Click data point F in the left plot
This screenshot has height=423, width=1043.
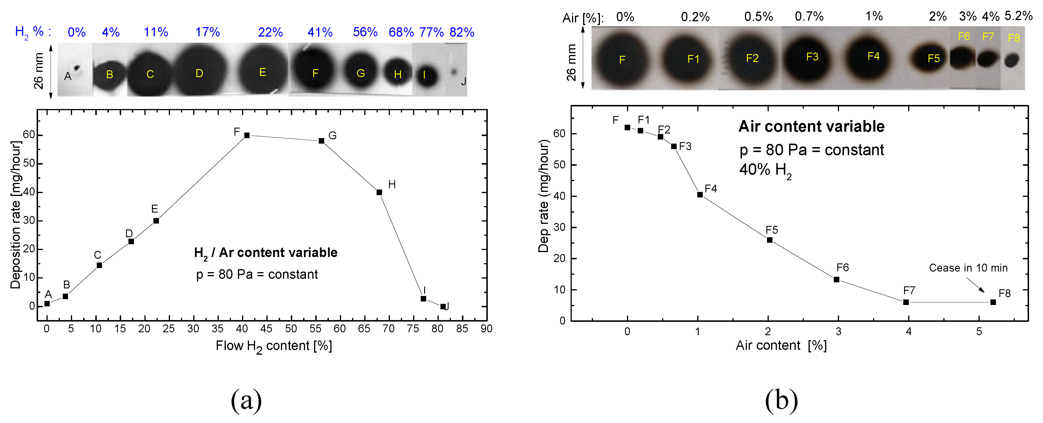[x=247, y=135]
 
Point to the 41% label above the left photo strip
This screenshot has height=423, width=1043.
[x=320, y=32]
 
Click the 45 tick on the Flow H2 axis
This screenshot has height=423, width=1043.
[x=266, y=329]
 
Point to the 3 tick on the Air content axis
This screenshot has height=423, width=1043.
[x=838, y=332]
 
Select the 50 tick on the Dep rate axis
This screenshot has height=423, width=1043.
[x=559, y=165]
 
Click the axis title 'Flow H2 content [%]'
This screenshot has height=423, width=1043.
[x=274, y=346]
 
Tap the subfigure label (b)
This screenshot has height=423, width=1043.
[x=782, y=400]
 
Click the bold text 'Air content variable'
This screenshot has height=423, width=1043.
[x=811, y=126]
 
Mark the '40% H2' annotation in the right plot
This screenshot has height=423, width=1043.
[x=765, y=170]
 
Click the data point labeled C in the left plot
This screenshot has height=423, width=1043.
[x=99, y=265]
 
